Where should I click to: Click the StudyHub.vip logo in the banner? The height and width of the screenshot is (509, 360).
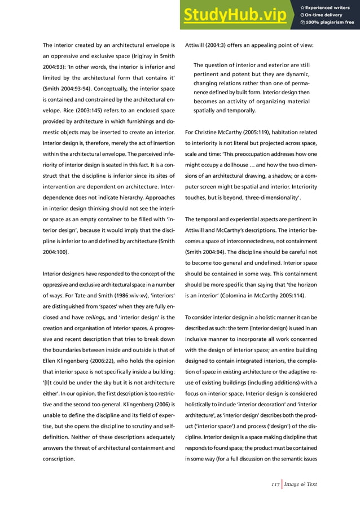click(235, 16)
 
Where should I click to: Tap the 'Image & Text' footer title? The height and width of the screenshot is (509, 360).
click(301, 484)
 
